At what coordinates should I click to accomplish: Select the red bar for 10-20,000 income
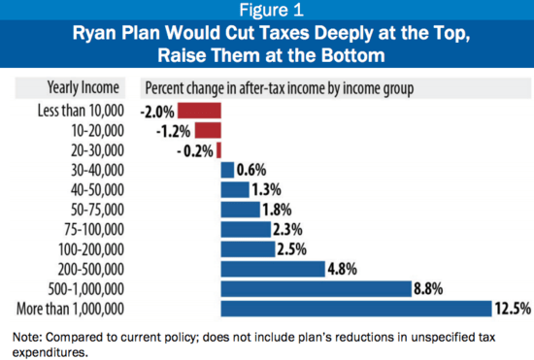[209, 129]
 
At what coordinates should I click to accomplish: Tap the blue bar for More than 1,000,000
[356, 309]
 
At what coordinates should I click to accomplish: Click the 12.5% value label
[512, 309]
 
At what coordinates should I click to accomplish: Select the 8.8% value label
[433, 288]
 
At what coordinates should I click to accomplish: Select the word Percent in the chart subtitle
[167, 85]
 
